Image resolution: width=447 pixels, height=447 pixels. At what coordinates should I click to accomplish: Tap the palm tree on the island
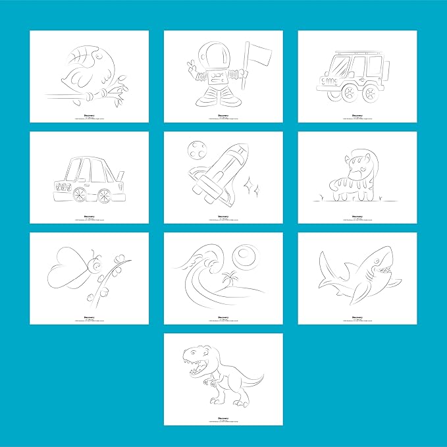230,276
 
